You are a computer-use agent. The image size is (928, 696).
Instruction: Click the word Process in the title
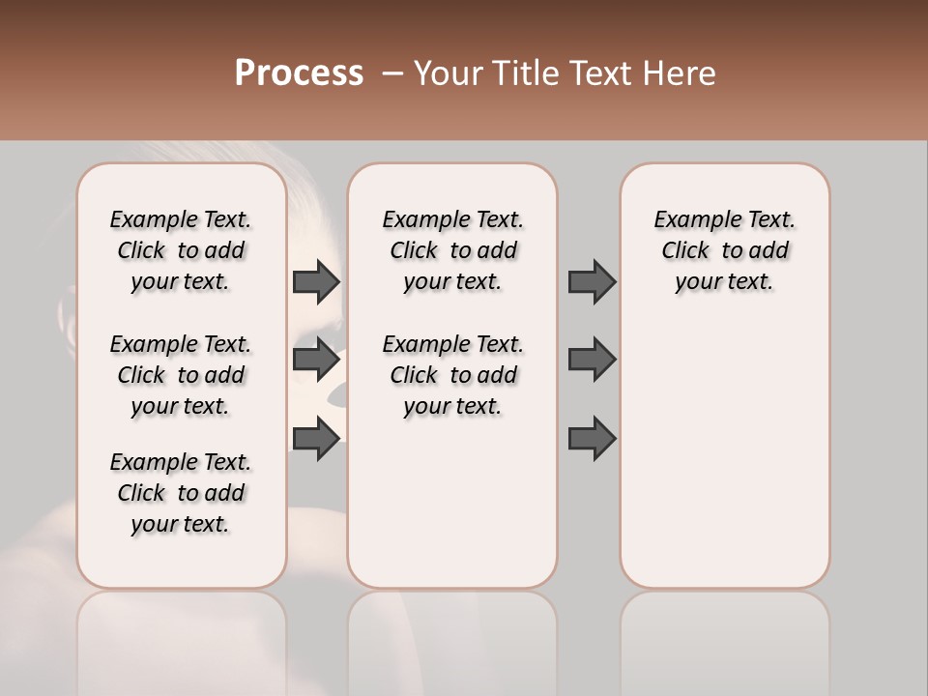pyautogui.click(x=299, y=73)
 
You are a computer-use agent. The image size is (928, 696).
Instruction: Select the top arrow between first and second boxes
pyautogui.click(x=316, y=281)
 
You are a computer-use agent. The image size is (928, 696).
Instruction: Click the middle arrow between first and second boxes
pyautogui.click(x=316, y=360)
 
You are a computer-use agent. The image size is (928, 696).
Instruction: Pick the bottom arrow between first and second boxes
pyautogui.click(x=316, y=439)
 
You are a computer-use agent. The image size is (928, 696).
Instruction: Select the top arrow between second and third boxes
pyautogui.click(x=592, y=281)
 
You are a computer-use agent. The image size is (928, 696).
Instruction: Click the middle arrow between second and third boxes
pyautogui.click(x=592, y=360)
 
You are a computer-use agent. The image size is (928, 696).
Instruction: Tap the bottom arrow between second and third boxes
pyautogui.click(x=592, y=439)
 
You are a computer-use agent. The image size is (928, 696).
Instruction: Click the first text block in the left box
pyautogui.click(x=181, y=250)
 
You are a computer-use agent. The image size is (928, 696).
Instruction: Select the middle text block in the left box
pyautogui.click(x=181, y=375)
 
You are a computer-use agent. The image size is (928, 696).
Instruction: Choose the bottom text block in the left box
pyautogui.click(x=181, y=493)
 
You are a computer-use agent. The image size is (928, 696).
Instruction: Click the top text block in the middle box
pyautogui.click(x=452, y=250)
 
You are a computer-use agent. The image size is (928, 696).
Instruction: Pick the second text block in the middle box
pyautogui.click(x=452, y=375)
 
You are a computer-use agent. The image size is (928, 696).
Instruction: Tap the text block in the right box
pyautogui.click(x=725, y=250)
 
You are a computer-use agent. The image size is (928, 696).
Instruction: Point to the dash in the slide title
pyautogui.click(x=392, y=73)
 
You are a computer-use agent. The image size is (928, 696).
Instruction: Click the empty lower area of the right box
pyautogui.click(x=725, y=454)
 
